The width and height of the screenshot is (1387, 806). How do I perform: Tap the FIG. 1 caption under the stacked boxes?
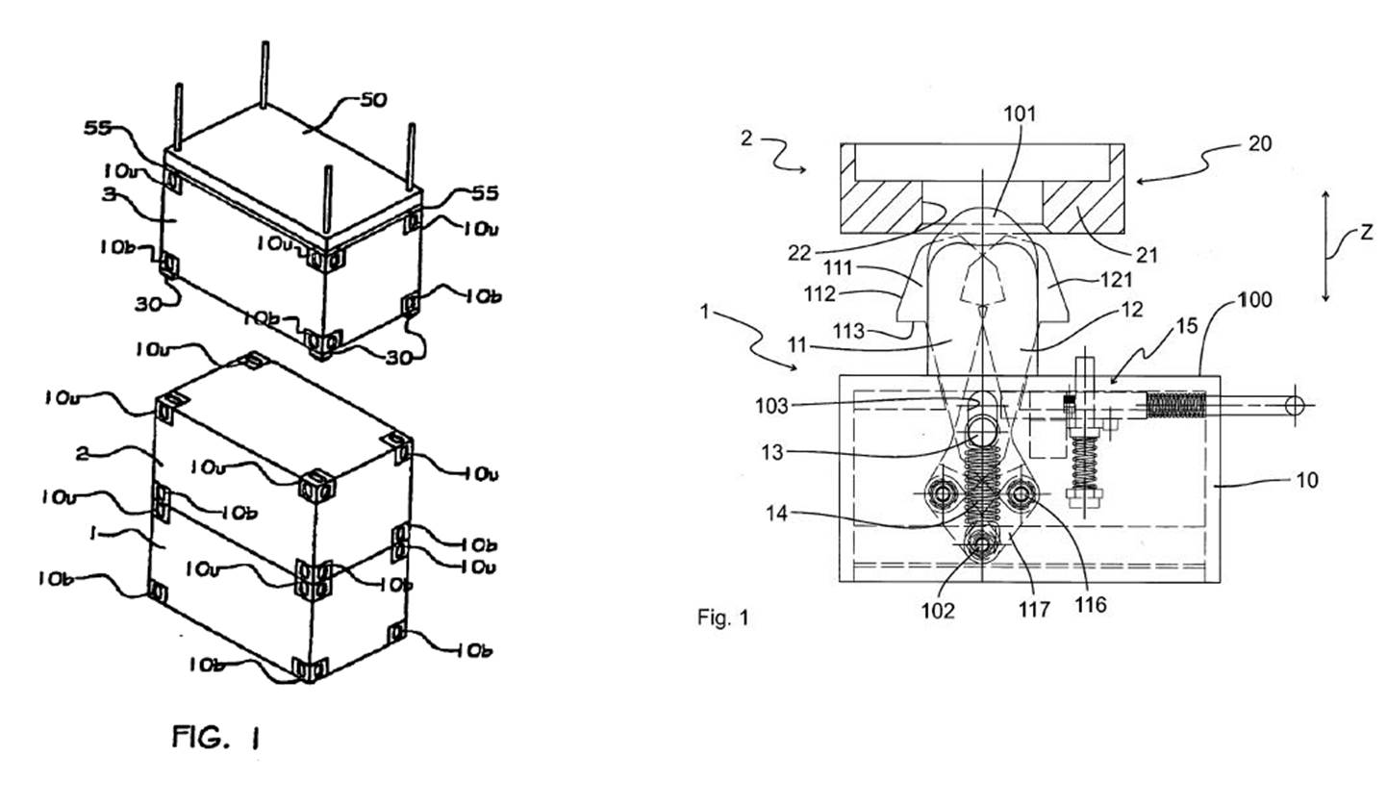click(x=216, y=738)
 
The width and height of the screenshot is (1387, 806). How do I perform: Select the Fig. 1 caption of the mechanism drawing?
click(x=722, y=617)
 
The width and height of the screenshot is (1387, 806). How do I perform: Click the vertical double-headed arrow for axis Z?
click(x=1325, y=246)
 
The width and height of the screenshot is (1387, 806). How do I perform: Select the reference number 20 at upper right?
click(x=1259, y=143)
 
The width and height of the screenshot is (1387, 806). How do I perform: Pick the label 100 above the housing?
click(x=1251, y=300)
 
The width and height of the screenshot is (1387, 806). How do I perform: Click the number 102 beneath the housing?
click(x=936, y=611)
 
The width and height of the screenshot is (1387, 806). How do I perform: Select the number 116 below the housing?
click(x=1092, y=604)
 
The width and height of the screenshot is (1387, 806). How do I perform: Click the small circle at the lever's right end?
click(x=1295, y=407)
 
